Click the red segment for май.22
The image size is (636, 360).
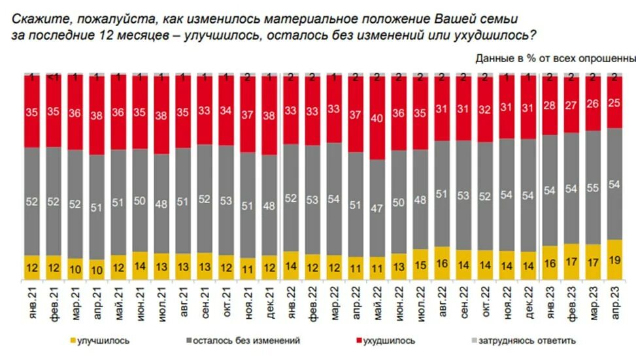click(x=377, y=119)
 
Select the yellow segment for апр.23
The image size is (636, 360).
click(x=614, y=260)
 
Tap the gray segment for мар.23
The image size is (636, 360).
click(x=593, y=187)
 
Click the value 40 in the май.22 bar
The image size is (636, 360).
click(x=377, y=119)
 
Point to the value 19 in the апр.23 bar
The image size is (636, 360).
click(x=614, y=260)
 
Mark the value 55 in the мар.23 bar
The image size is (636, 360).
click(x=593, y=187)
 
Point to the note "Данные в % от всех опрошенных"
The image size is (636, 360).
click(x=555, y=58)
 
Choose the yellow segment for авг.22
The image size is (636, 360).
click(x=443, y=264)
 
